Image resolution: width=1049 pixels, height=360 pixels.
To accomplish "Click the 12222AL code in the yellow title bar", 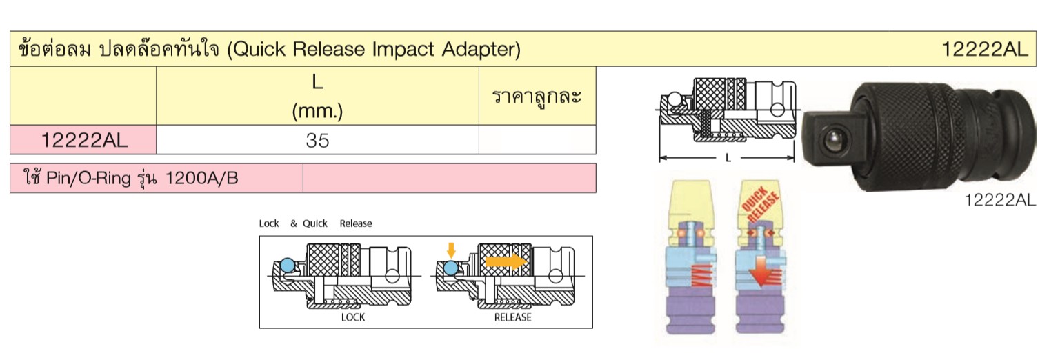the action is click(984, 49).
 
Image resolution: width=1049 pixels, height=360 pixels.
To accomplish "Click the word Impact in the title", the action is click(403, 49).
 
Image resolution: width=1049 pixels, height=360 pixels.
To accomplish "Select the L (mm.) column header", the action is click(317, 97).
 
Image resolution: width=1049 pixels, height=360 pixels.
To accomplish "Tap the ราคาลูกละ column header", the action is click(537, 97).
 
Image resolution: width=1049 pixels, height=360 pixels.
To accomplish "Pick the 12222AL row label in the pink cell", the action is click(84, 140).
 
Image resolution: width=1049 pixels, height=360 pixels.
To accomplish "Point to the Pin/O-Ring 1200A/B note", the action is click(131, 178).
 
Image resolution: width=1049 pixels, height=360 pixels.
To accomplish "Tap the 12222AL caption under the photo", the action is click(1000, 201).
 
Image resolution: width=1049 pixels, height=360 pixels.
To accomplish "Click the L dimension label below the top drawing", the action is click(728, 158).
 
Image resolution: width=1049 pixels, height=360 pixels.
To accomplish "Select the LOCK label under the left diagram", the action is click(353, 317).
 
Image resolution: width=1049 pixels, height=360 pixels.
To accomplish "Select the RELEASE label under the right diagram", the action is click(513, 317).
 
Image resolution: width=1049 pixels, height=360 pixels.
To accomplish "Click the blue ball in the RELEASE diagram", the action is click(450, 268).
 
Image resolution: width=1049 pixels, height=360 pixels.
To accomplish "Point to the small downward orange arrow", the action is click(451, 250).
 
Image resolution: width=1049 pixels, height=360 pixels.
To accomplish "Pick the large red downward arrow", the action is click(761, 270).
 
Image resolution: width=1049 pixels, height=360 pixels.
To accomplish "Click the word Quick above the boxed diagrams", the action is click(314, 223).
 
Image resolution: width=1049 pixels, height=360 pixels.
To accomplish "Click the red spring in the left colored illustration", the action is click(703, 275).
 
